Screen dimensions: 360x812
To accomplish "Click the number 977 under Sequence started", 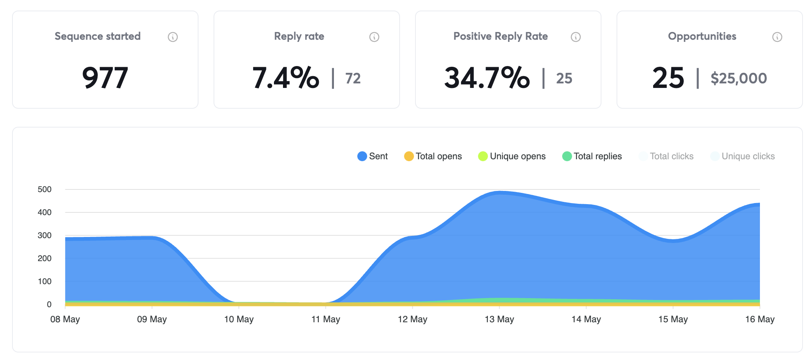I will point(105,78).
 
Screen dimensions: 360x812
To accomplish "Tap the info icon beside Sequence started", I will point(173,37).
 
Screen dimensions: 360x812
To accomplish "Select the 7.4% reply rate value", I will point(286,78).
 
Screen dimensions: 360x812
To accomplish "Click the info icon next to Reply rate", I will point(374,37).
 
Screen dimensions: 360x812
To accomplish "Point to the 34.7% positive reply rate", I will point(487,78).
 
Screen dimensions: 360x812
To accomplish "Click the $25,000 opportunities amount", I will point(738,78).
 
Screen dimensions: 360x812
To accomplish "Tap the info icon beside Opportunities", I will point(777,37).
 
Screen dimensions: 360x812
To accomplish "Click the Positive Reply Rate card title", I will point(500,36).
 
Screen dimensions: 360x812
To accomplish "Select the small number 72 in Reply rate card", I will point(353,78).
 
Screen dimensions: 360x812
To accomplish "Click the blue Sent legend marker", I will point(362,156).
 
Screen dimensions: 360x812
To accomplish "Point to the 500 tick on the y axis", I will point(45,189).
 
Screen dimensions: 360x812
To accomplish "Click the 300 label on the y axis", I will point(45,235).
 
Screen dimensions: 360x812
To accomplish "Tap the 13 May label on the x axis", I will point(499,319).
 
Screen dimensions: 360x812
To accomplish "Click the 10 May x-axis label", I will point(239,319).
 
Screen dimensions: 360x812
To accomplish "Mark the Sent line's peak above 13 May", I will point(500,192).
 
